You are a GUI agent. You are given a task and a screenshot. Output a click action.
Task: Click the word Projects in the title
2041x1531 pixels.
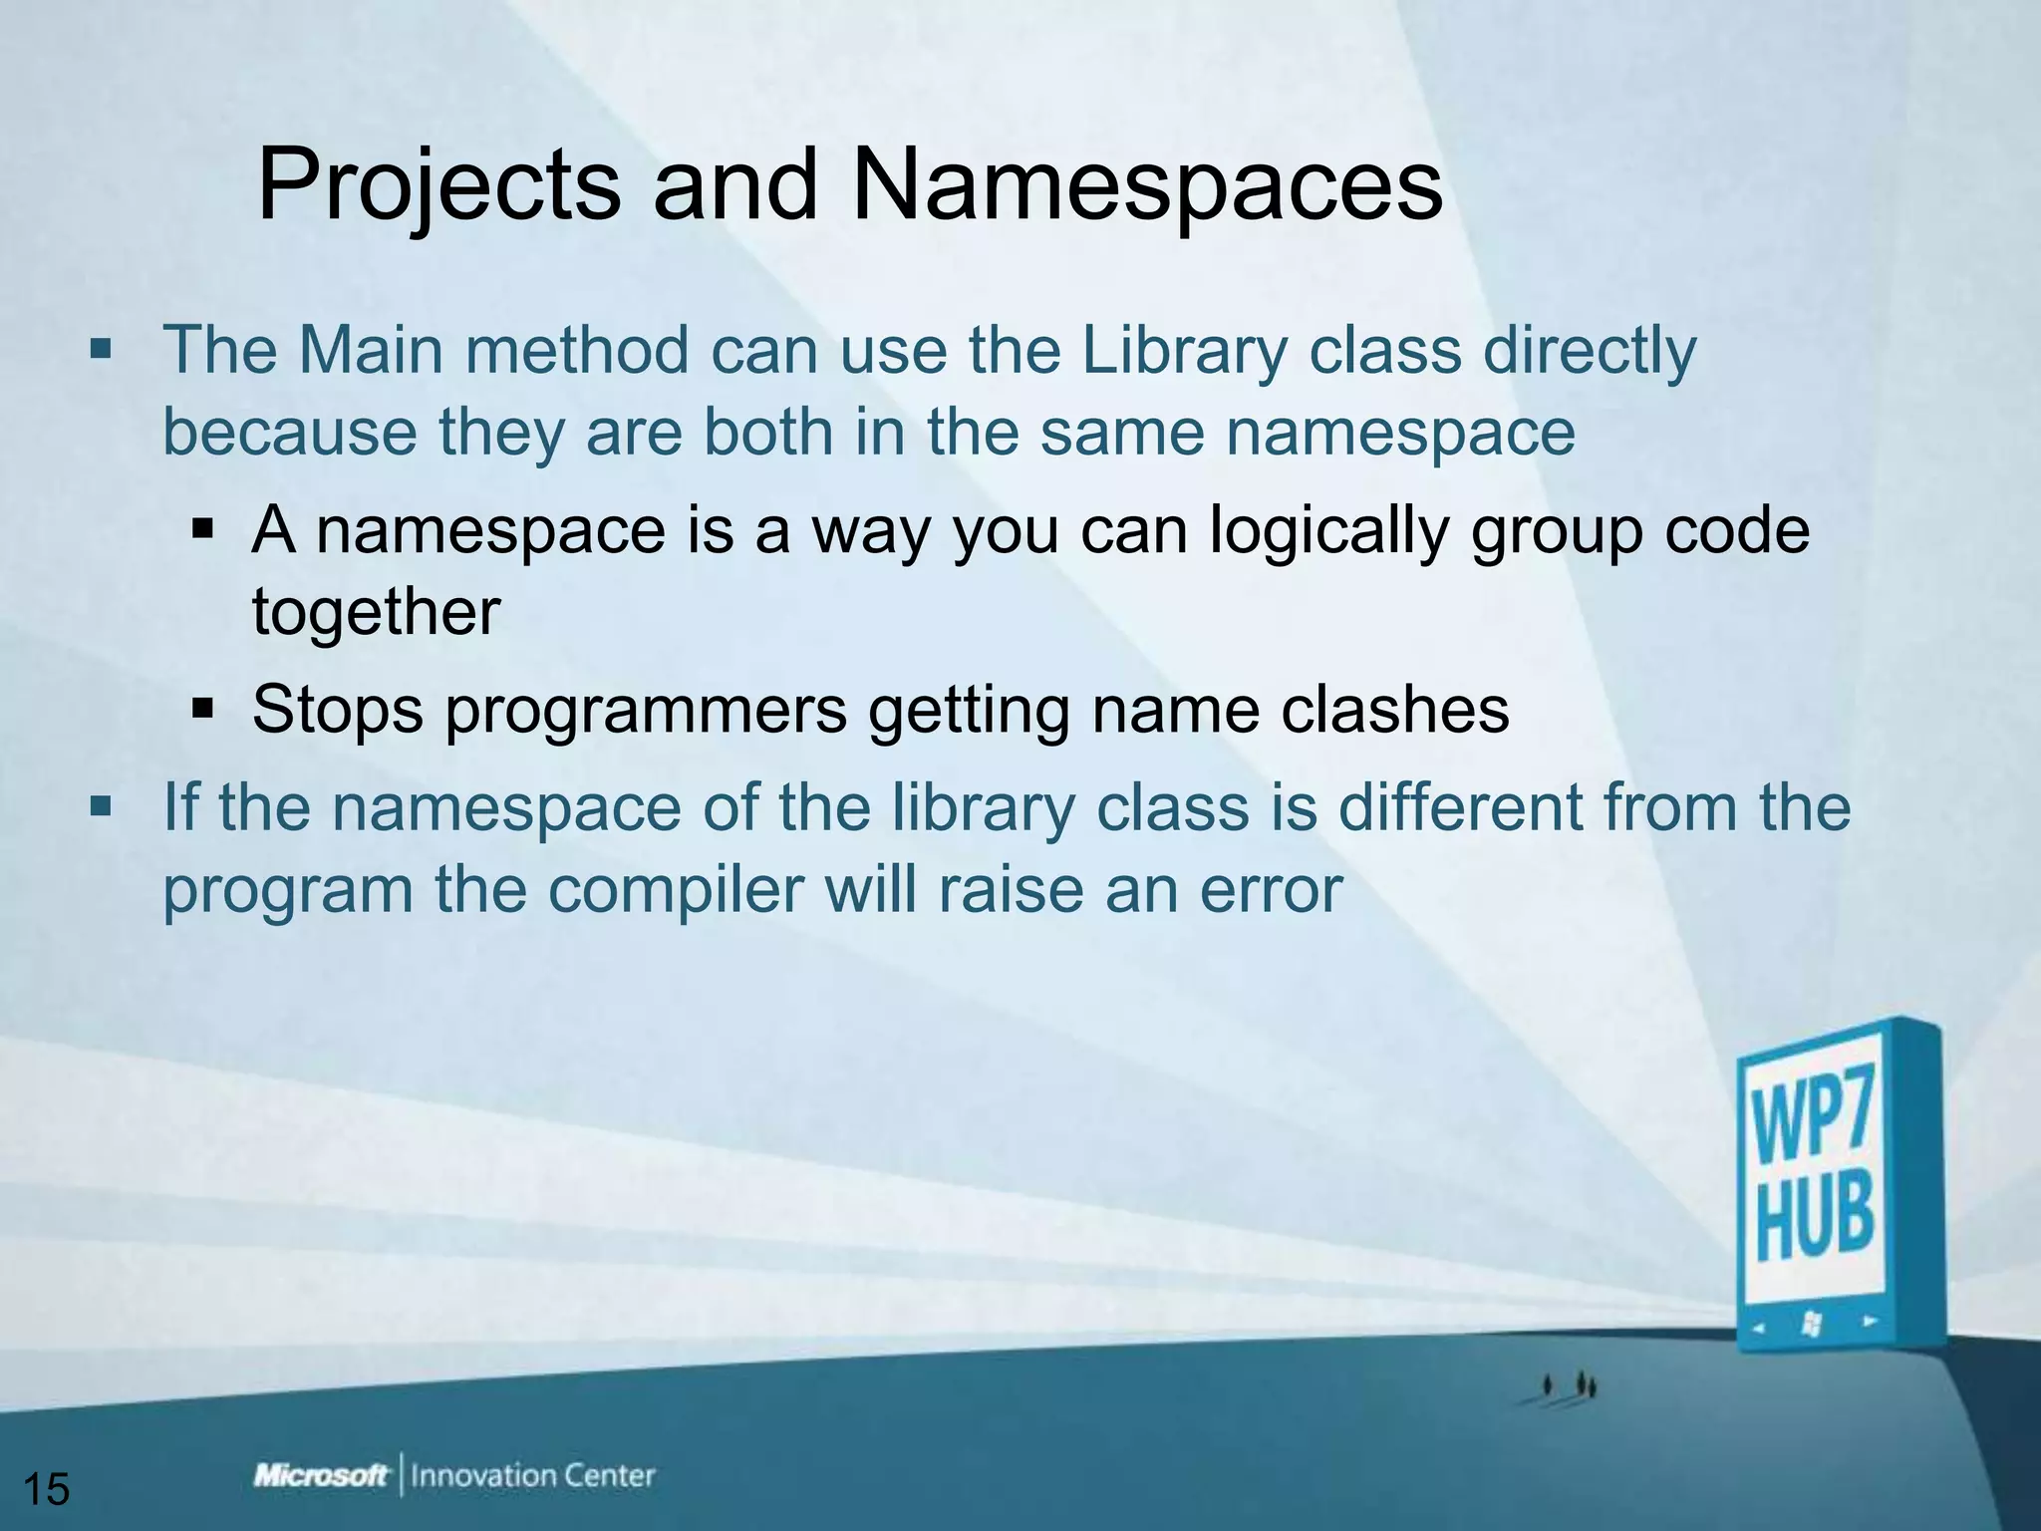[x=438, y=186]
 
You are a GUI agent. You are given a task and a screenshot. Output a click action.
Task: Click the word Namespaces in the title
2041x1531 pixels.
[x=1146, y=186]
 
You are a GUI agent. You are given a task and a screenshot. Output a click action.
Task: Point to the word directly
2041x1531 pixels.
[x=1589, y=351]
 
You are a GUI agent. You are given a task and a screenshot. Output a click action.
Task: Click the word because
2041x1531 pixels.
[x=289, y=433]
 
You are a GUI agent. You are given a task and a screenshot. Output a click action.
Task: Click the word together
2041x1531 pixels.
[x=375, y=612]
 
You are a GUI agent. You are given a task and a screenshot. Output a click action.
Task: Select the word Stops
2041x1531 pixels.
[x=338, y=710]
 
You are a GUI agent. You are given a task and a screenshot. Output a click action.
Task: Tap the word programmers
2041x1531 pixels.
[x=646, y=710]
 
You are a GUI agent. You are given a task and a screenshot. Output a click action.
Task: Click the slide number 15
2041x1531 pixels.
[x=46, y=1489]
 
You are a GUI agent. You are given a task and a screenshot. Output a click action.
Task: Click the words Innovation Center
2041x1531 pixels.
[x=532, y=1476]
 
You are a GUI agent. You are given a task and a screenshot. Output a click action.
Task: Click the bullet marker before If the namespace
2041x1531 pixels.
[x=101, y=805]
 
